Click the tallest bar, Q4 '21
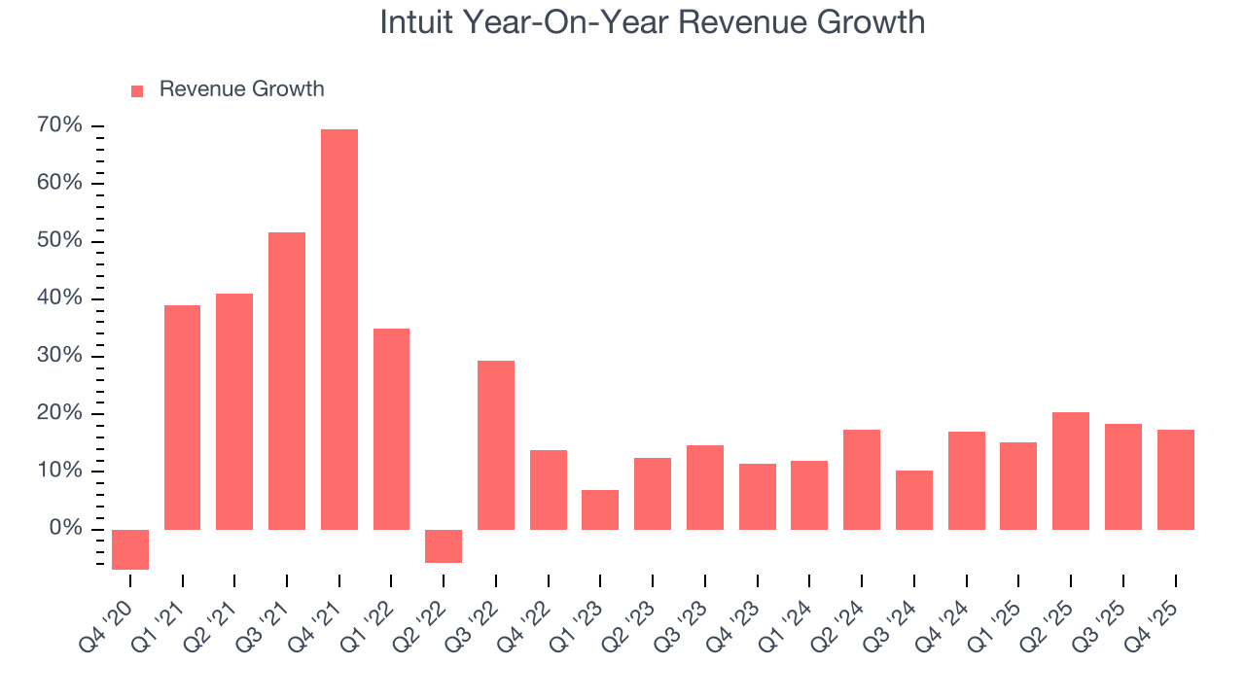point(339,330)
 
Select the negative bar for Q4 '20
point(130,549)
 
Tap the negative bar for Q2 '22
point(444,546)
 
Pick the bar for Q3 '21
point(287,381)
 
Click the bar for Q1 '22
point(391,429)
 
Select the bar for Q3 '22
point(496,445)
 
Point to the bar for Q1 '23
point(600,509)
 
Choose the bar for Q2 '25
point(1071,471)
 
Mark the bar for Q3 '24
point(914,500)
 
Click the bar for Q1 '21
point(183,417)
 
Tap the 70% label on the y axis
point(59,126)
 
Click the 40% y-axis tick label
point(59,298)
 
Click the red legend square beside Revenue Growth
point(137,90)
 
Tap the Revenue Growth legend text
point(241,89)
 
